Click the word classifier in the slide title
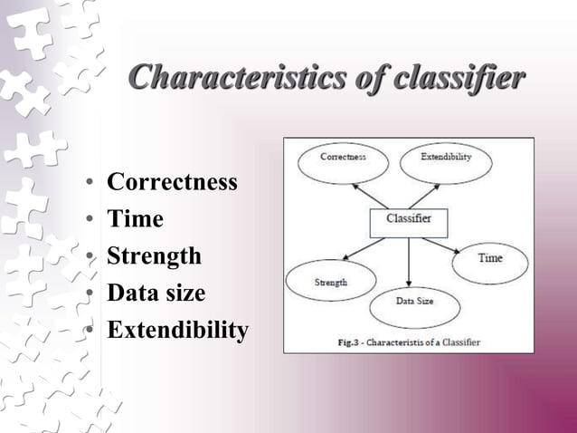click(x=459, y=78)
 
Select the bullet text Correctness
click(x=172, y=182)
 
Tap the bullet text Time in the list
click(x=135, y=219)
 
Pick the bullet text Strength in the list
click(x=154, y=256)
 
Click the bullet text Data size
click(x=156, y=293)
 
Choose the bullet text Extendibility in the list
click(x=177, y=331)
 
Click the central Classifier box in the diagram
click(x=409, y=219)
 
